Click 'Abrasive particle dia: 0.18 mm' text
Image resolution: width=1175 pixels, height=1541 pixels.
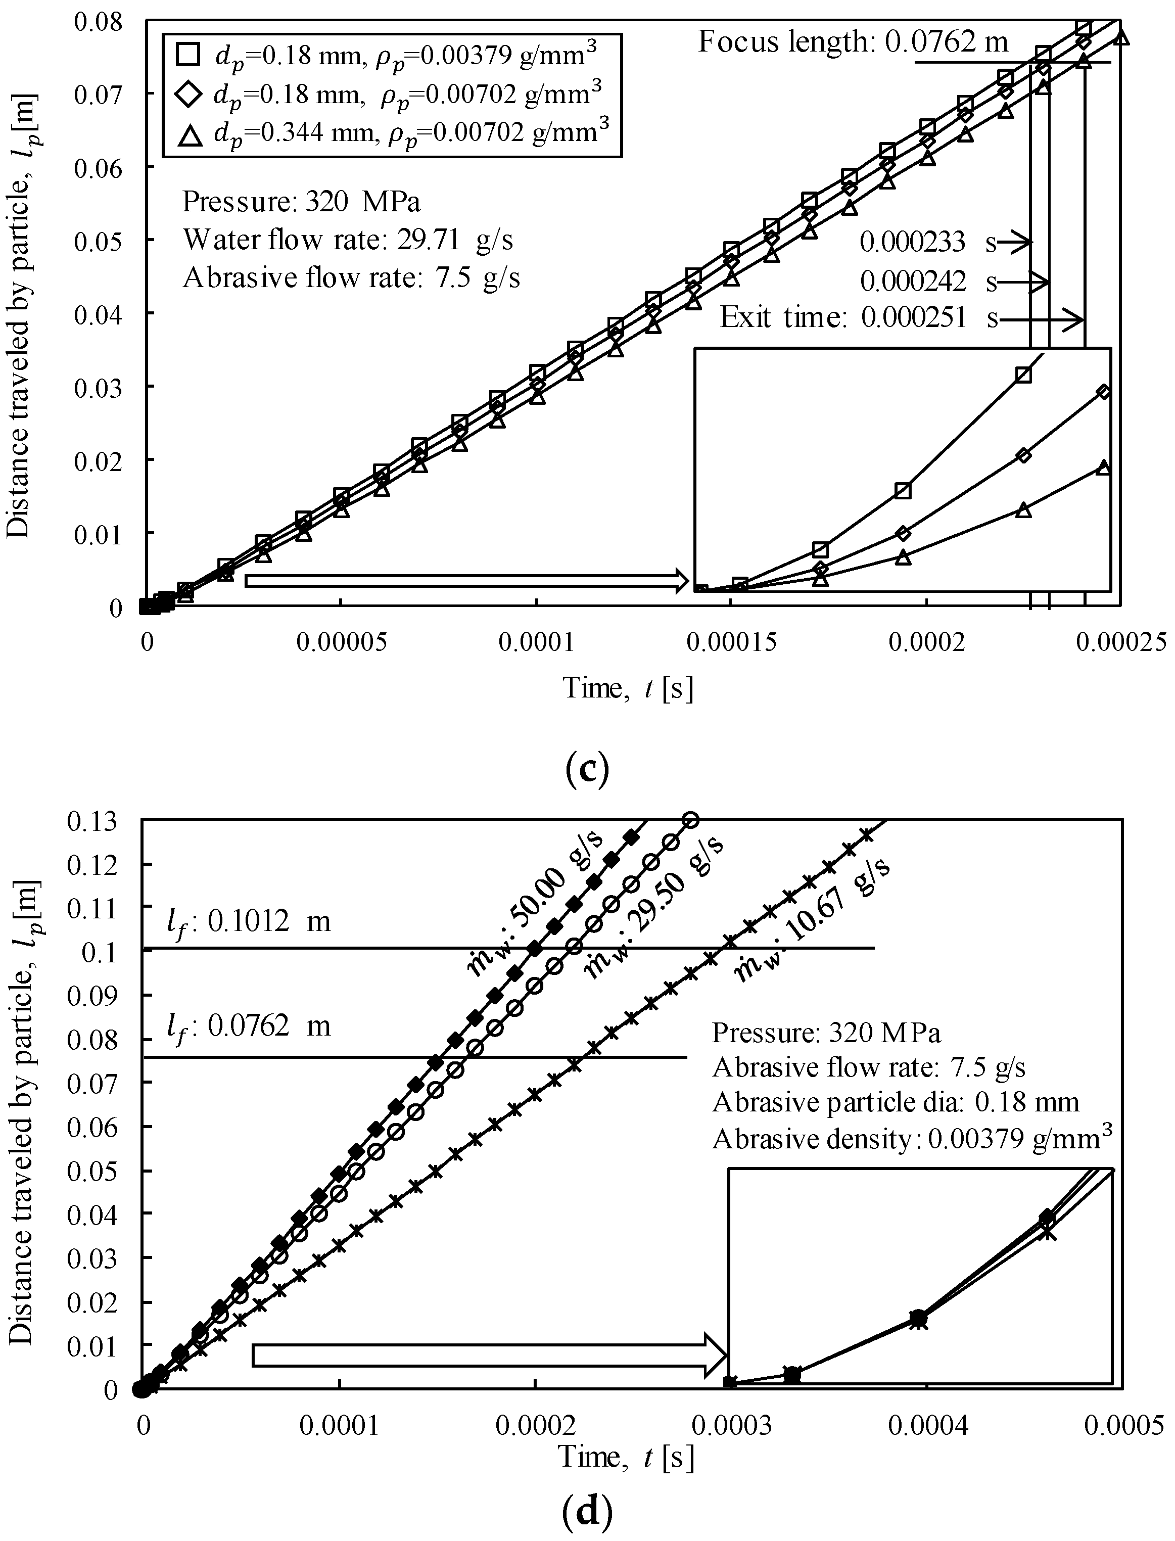(x=895, y=1102)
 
